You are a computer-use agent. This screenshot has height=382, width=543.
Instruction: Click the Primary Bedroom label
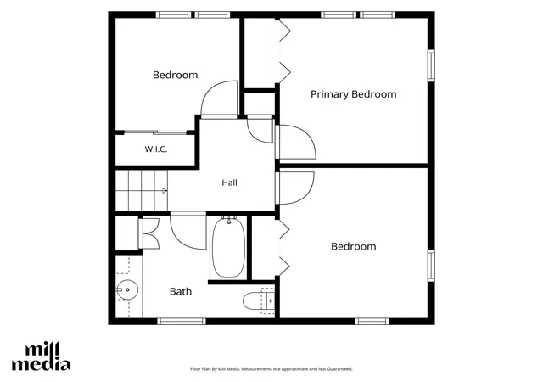coord(353,94)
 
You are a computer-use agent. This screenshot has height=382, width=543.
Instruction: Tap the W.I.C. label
coord(156,149)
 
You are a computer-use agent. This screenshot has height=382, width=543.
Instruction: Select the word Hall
coord(229,183)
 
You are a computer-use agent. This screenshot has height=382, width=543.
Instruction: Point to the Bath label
coord(181,291)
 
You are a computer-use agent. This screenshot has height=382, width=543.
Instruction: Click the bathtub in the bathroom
coord(228,247)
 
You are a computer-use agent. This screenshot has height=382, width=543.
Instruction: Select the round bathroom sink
coord(127,289)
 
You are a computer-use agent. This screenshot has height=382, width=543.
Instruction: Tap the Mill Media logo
coord(42,357)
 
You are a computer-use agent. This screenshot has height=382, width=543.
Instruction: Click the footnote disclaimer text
coord(271,369)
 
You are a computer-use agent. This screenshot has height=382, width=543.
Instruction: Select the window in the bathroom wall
coord(182,322)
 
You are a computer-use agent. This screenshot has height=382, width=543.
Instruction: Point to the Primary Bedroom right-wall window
coord(431,65)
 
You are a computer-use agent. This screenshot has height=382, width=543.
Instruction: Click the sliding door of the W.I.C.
coord(155,132)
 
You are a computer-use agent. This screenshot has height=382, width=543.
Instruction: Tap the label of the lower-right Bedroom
coord(354,246)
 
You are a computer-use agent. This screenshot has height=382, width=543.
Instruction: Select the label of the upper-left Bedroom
coord(176,75)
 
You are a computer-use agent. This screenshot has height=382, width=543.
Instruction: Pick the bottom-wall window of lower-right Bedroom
coord(372,322)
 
